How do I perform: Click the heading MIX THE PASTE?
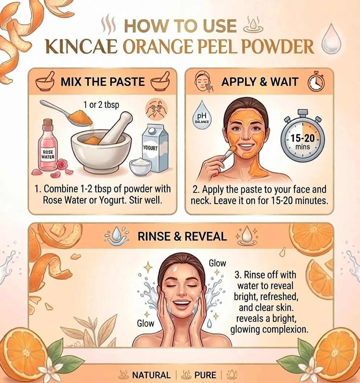pos(103,82)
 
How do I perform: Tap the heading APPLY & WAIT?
pos(260,82)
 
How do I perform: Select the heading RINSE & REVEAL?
pos(182,236)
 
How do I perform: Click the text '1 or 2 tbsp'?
pos(101,105)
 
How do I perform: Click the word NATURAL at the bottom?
pos(152,375)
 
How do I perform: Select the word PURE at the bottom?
pos(205,375)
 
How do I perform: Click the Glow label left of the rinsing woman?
pos(146,324)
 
